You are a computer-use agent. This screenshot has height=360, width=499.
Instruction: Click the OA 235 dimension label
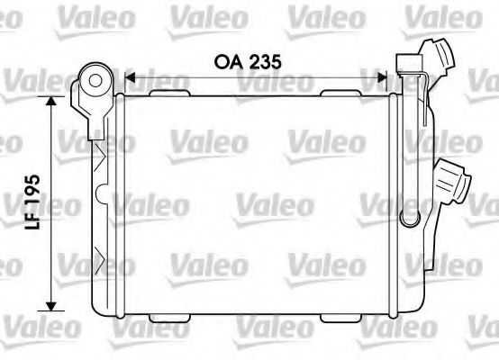[248, 61]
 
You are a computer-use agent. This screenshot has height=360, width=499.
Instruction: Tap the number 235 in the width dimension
[265, 61]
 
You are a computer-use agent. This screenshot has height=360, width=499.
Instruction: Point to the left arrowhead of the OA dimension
[128, 78]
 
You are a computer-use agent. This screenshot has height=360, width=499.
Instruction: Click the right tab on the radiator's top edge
[338, 91]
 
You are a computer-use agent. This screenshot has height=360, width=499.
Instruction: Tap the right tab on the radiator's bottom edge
[338, 316]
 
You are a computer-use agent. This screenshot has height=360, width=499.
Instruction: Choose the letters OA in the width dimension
[229, 61]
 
